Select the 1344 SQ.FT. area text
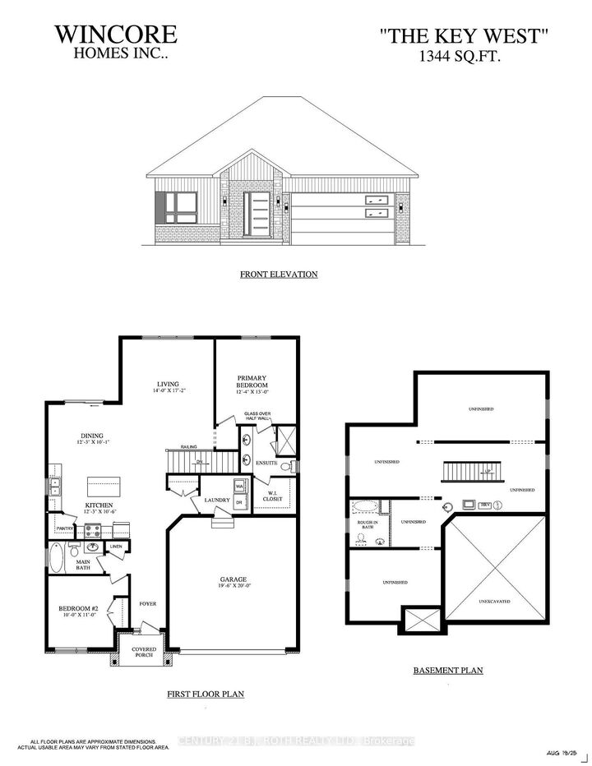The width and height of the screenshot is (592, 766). (x=465, y=56)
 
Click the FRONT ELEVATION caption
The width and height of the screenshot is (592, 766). (x=279, y=274)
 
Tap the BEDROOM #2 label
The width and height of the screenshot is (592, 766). (x=78, y=609)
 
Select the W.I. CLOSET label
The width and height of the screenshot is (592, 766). (x=271, y=496)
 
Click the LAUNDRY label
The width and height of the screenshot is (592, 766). (x=205, y=499)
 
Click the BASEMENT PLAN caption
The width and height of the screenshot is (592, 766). (x=447, y=671)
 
